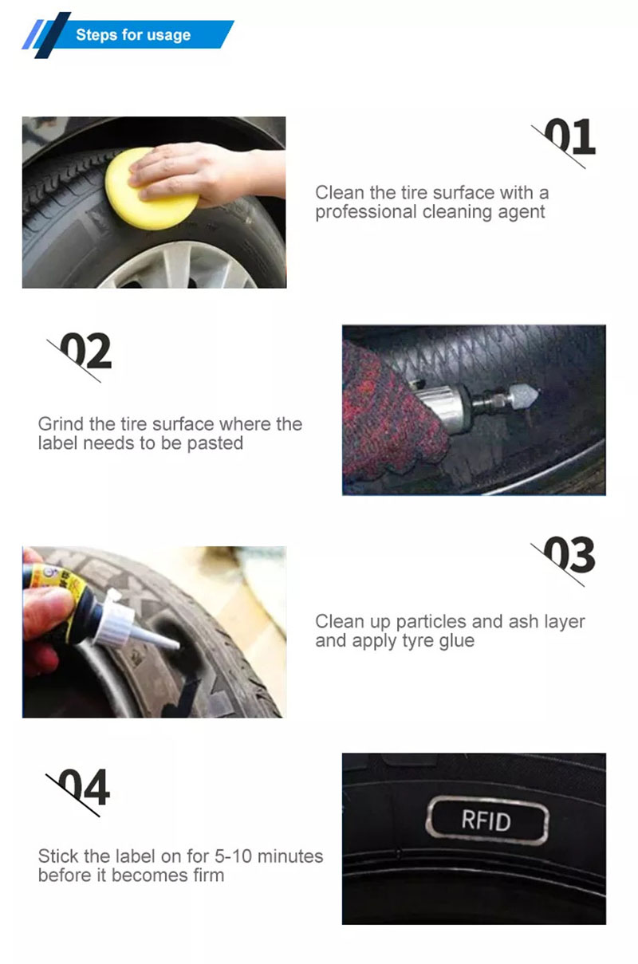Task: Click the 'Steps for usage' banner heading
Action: click(133, 35)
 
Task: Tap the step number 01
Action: click(569, 136)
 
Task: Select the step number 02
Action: click(85, 351)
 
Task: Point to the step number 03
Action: click(569, 555)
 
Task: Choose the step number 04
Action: click(84, 787)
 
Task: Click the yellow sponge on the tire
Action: click(151, 189)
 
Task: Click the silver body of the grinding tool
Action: click(443, 407)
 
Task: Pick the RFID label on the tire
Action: click(487, 820)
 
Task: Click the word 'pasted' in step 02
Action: click(215, 443)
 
